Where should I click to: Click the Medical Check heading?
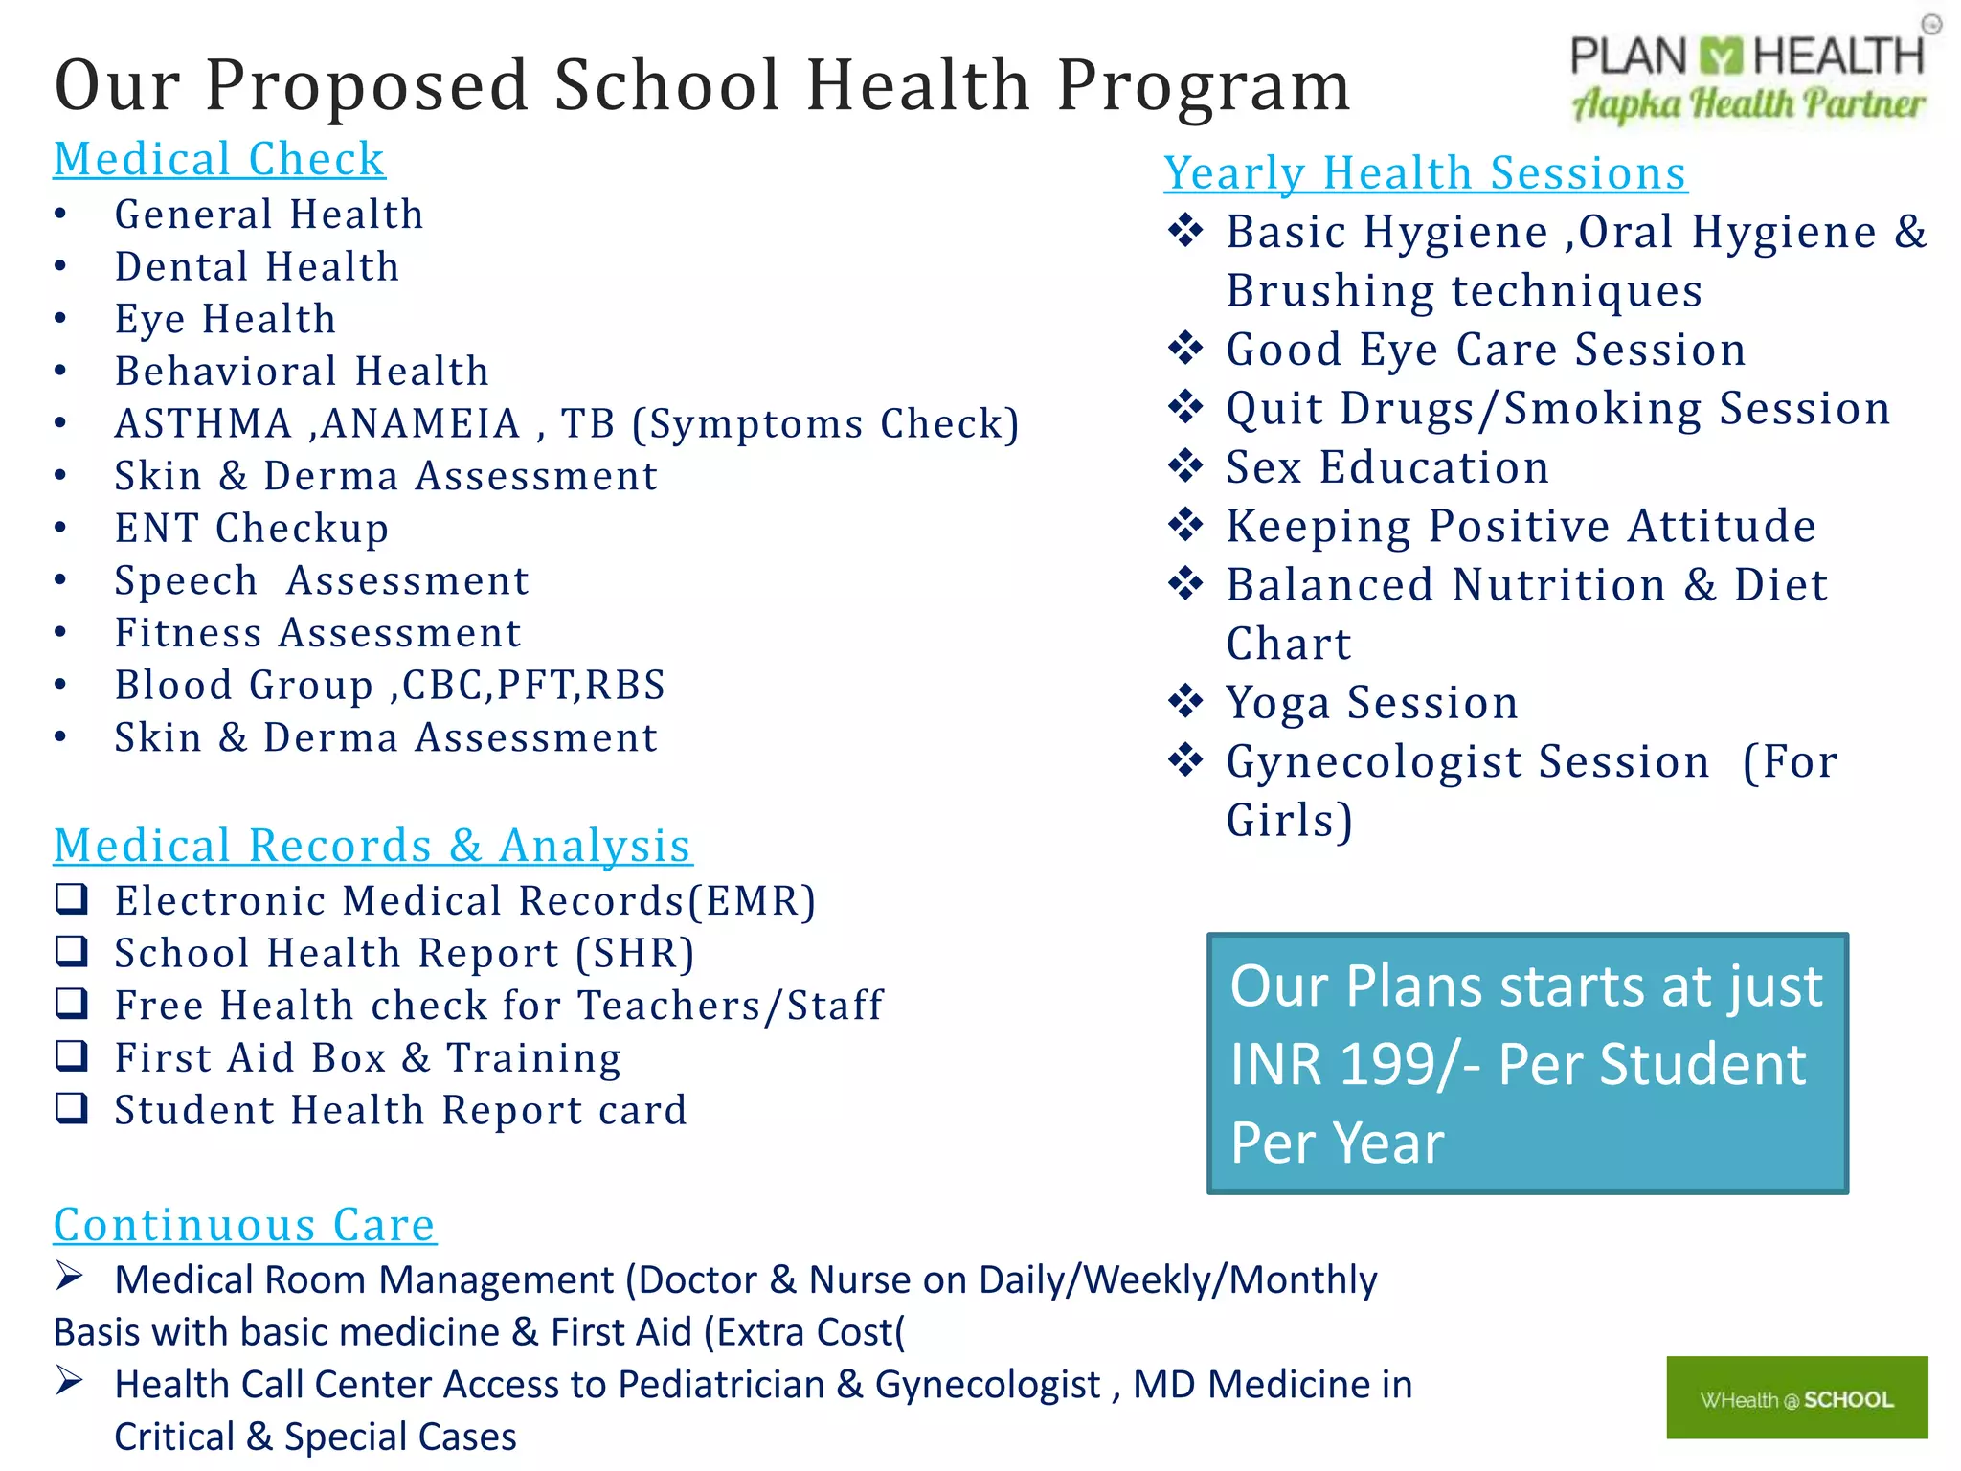218,160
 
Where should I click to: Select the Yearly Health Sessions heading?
1425,174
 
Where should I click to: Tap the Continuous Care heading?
244,1225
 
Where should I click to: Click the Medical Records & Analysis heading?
372,847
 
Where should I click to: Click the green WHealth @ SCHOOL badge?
1796,1398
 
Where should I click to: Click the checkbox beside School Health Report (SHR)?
72,952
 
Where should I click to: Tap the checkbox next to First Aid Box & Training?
72,1056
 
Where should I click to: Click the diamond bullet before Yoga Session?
1185,702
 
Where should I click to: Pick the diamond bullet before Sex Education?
1185,466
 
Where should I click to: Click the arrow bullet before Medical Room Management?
70,1277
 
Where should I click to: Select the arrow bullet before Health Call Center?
70,1381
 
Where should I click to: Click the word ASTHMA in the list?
203,424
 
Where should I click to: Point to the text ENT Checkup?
252,529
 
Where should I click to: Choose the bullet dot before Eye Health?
60,318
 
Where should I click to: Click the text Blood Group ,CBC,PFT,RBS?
389,686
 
